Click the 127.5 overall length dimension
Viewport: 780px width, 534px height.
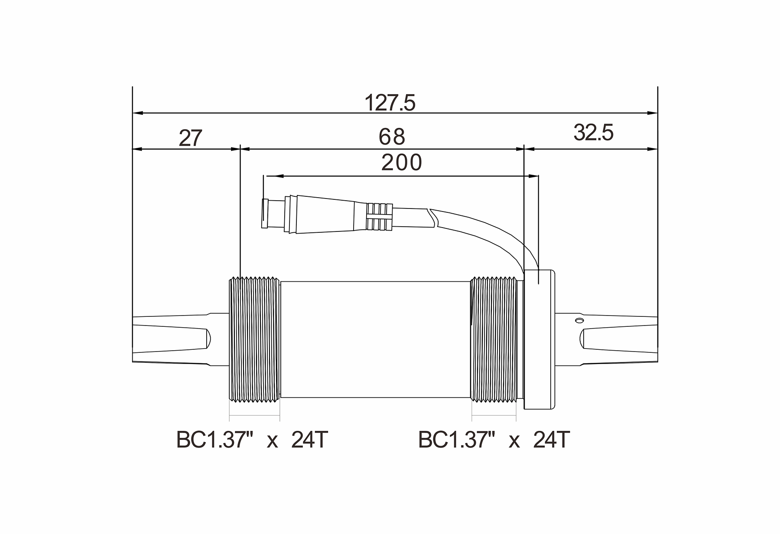(x=390, y=103)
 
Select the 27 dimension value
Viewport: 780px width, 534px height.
(x=191, y=138)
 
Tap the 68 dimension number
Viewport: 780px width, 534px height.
(x=392, y=137)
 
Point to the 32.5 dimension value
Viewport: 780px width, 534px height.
(x=593, y=133)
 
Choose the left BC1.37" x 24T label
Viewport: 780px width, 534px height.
(x=252, y=440)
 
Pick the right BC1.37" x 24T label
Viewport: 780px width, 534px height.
(x=494, y=440)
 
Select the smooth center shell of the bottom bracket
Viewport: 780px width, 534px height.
(x=375, y=339)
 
